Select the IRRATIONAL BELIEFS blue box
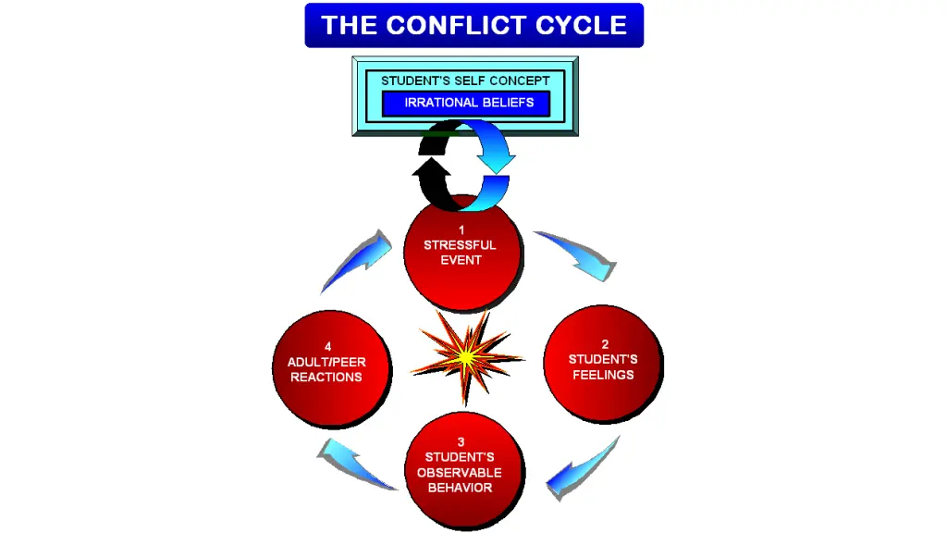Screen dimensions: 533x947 (466, 103)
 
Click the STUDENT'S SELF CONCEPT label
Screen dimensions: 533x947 (465, 81)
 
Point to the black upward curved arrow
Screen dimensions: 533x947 (433, 176)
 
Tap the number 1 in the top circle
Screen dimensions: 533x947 (461, 229)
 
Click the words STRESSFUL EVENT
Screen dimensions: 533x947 (461, 253)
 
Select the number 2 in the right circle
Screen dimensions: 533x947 (605, 344)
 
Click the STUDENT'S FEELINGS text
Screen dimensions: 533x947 (603, 367)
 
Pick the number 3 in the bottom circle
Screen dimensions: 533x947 (461, 441)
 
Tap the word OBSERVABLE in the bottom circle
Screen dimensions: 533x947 (460, 472)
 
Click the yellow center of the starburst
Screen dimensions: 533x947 (467, 355)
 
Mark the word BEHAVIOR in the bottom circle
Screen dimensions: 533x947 (460, 487)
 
